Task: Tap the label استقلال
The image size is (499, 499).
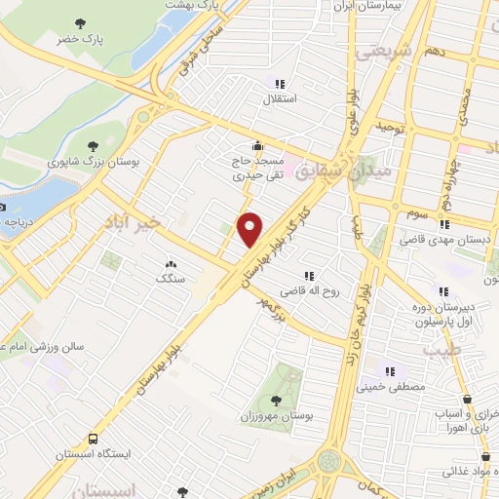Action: tap(282, 98)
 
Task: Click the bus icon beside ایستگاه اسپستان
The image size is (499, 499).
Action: tap(93, 440)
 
